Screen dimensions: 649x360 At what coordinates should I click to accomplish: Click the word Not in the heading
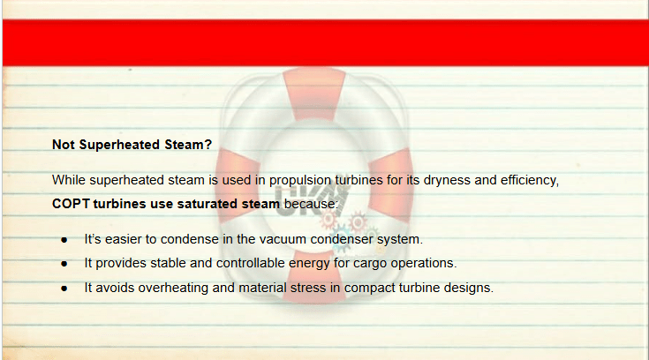pyautogui.click(x=64, y=145)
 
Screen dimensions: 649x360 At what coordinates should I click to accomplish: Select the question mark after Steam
pyautogui.click(x=208, y=145)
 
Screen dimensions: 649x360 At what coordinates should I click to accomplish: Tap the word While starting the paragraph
pyautogui.click(x=69, y=180)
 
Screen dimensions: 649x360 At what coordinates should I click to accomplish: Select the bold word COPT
pyautogui.click(x=71, y=204)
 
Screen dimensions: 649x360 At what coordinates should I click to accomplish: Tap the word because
pyautogui.click(x=311, y=204)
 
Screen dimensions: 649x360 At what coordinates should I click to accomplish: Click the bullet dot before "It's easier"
pyautogui.click(x=64, y=240)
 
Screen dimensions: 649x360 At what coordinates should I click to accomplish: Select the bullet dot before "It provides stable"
pyautogui.click(x=64, y=264)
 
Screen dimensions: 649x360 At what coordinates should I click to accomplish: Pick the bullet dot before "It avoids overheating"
pyautogui.click(x=64, y=289)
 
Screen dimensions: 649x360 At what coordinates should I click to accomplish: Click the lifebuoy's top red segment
pyautogui.click(x=314, y=94)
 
